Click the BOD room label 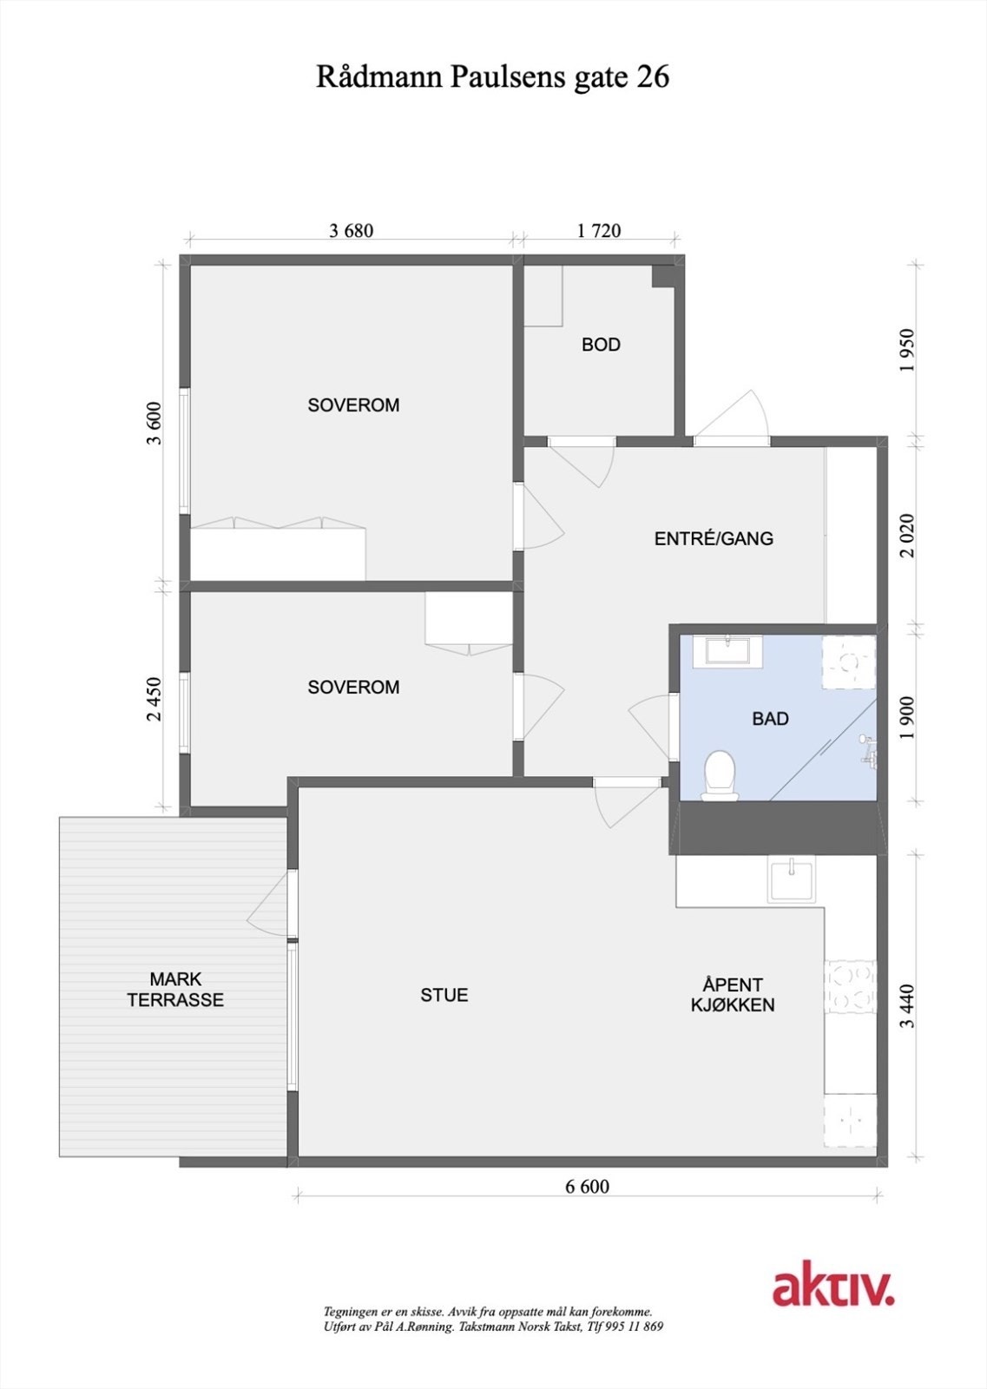click(601, 345)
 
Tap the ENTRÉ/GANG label click(714, 538)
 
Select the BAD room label click(770, 719)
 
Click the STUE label click(444, 995)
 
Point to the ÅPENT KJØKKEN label click(733, 995)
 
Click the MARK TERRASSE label click(175, 990)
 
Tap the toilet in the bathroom click(720, 773)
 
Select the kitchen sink click(792, 879)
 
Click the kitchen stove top click(850, 987)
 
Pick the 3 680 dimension click(352, 231)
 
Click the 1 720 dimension click(599, 231)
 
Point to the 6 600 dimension click(588, 1187)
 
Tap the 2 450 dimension click(155, 699)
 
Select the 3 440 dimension click(907, 1006)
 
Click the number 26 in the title click(653, 77)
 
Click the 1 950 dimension click(907, 350)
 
